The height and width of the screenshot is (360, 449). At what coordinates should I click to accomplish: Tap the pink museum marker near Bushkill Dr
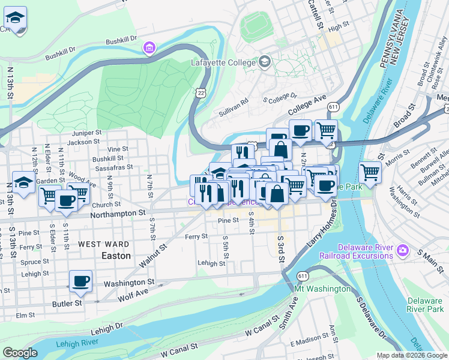click(x=148, y=47)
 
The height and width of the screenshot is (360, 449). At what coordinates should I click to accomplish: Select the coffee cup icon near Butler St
click(x=80, y=281)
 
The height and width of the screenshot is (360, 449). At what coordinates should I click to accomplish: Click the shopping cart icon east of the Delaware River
click(x=370, y=173)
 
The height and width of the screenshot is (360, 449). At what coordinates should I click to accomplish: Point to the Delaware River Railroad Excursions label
click(x=365, y=252)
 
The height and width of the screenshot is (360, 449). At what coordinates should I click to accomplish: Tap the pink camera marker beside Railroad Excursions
click(x=402, y=248)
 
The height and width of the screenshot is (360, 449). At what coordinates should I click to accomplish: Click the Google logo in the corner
click(x=20, y=352)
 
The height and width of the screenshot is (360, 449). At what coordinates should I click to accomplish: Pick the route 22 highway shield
click(x=200, y=89)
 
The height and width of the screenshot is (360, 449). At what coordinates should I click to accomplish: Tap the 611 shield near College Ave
click(x=333, y=106)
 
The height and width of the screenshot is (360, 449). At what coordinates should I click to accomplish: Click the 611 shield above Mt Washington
click(x=302, y=277)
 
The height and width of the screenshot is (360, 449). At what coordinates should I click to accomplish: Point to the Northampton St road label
click(x=118, y=213)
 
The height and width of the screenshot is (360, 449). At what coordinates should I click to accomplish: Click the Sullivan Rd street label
click(x=234, y=103)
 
